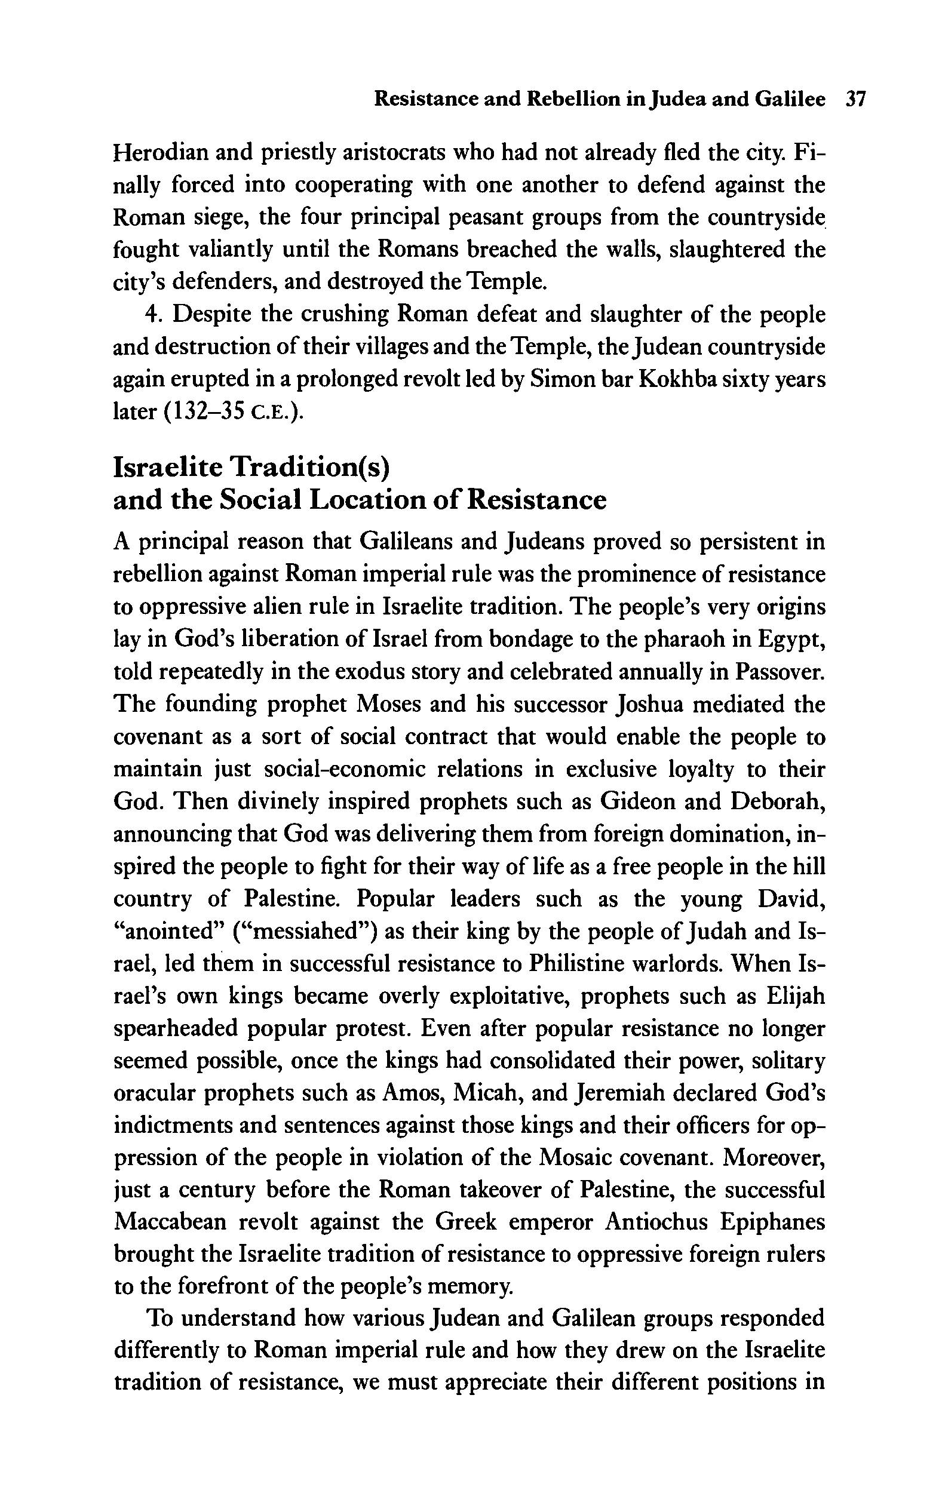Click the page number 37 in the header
coord(855,99)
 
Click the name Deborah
coord(777,801)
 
